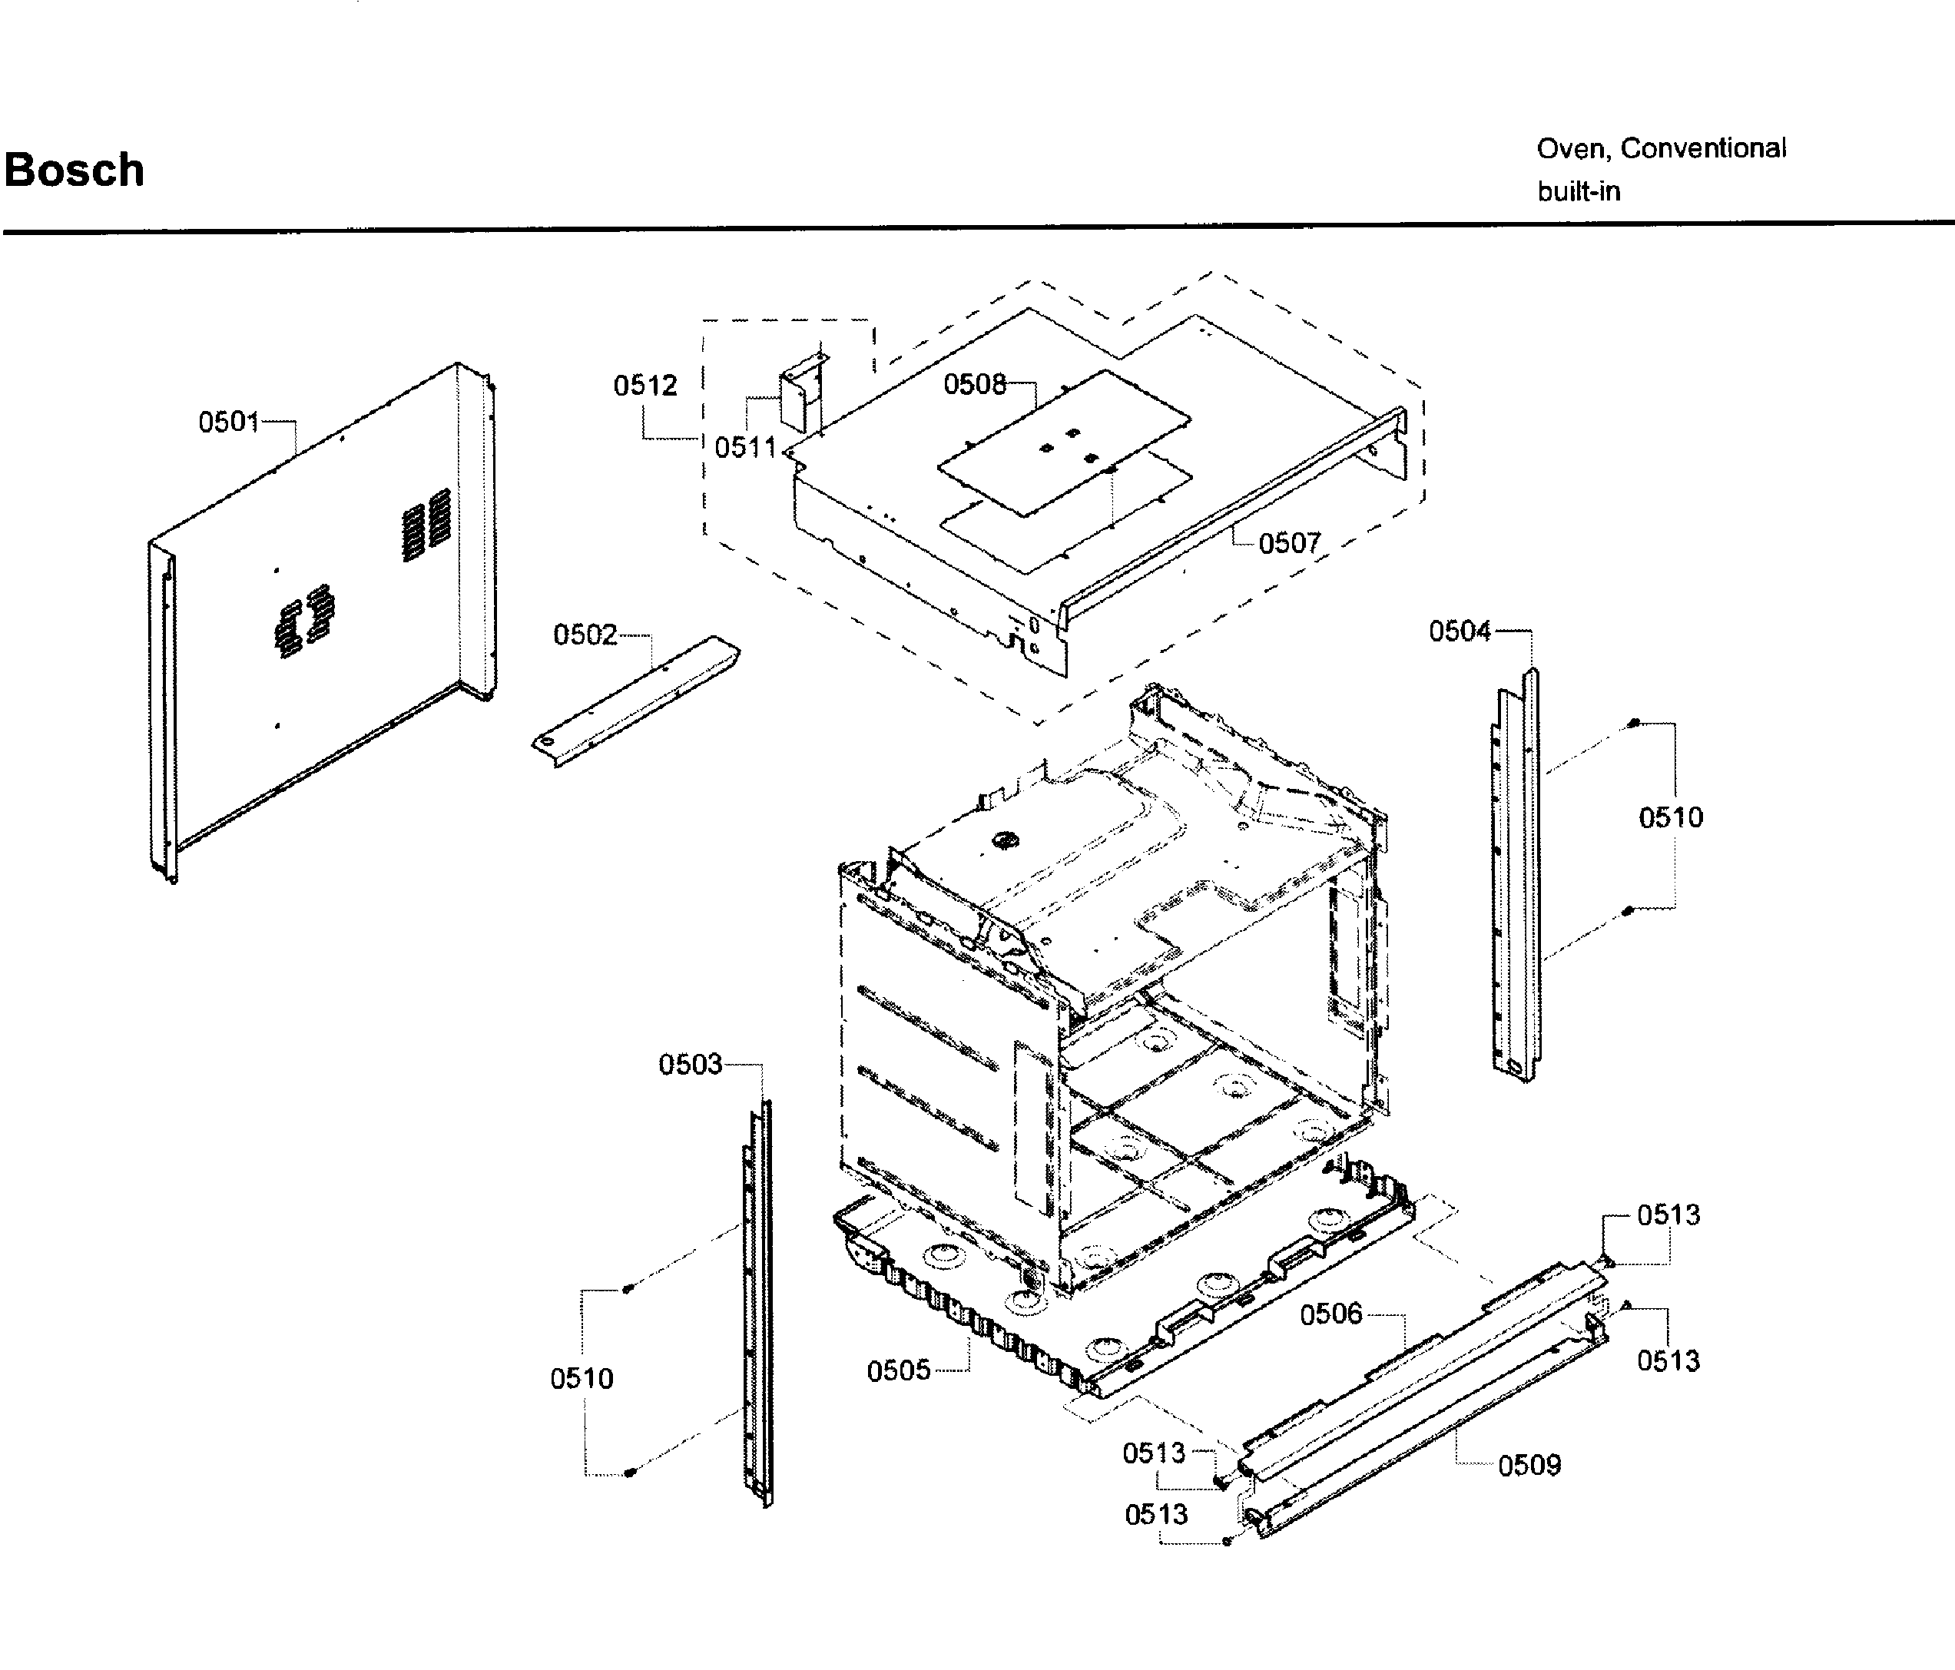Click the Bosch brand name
(74, 171)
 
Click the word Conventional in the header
(1703, 148)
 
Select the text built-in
(1579, 191)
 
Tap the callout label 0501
(228, 422)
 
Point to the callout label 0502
(585, 635)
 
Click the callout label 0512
(645, 385)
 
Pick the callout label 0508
(975, 384)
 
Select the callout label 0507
(1289, 542)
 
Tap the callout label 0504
(1460, 631)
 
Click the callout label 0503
(690, 1064)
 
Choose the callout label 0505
(898, 1370)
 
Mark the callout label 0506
(1330, 1314)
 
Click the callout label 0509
(1529, 1465)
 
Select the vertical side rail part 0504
(1517, 877)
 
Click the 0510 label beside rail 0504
(1670, 817)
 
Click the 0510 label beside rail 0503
(582, 1378)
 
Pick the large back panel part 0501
(321, 613)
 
